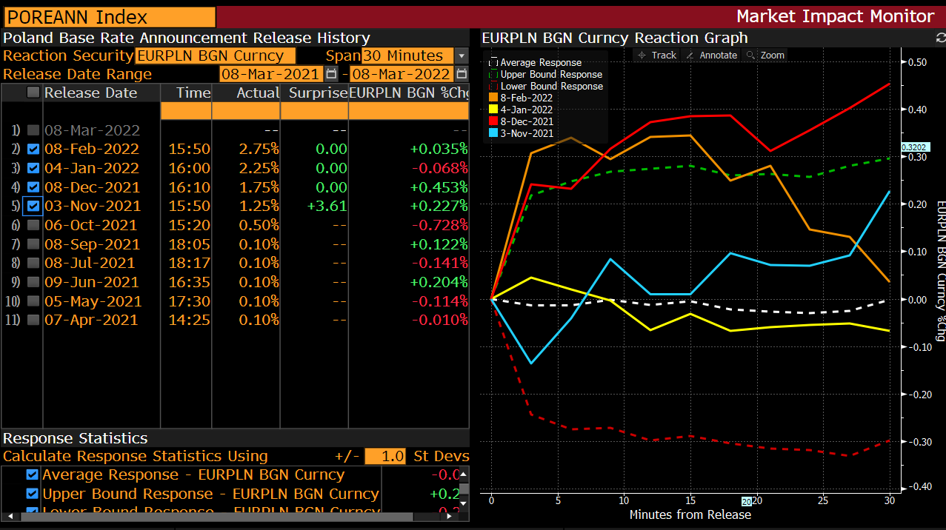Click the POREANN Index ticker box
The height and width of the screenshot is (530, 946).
[x=109, y=17]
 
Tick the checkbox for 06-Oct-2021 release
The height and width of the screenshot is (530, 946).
[x=33, y=225]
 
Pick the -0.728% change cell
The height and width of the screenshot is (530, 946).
[x=439, y=225]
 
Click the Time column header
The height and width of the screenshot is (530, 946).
[x=193, y=93]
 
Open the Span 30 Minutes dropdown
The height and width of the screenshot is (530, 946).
[x=462, y=56]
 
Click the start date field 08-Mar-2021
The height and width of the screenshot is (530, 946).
[x=271, y=74]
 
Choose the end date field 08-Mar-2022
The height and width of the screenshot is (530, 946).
[x=401, y=74]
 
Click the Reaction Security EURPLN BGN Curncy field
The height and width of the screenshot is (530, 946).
[x=216, y=56]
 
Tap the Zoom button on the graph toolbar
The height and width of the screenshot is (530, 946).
[x=766, y=56]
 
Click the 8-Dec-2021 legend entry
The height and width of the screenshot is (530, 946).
[x=526, y=121]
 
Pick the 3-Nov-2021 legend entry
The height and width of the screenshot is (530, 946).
[x=526, y=133]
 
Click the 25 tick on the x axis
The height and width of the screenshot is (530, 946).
[x=823, y=500]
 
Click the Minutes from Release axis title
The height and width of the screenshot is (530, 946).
[x=690, y=514]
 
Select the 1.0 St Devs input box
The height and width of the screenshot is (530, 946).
[x=384, y=457]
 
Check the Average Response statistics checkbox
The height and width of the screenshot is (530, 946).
[x=33, y=475]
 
